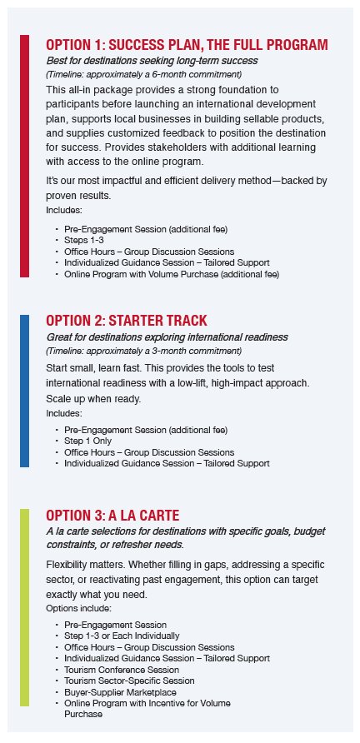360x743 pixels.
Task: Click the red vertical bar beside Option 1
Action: [x=24, y=156]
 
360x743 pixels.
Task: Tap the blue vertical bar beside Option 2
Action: [x=24, y=391]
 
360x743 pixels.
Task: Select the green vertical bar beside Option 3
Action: [x=24, y=607]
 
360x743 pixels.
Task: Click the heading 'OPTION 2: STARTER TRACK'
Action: [x=127, y=321]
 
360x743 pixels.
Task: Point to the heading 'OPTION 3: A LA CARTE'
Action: [x=112, y=515]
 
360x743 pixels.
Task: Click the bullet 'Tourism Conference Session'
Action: [x=122, y=670]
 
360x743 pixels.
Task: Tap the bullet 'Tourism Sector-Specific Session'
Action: [x=129, y=681]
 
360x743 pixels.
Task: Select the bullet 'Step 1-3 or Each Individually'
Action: [x=122, y=636]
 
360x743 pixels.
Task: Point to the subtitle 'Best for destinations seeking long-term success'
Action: [x=152, y=61]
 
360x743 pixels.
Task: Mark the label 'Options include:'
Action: [x=78, y=608]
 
